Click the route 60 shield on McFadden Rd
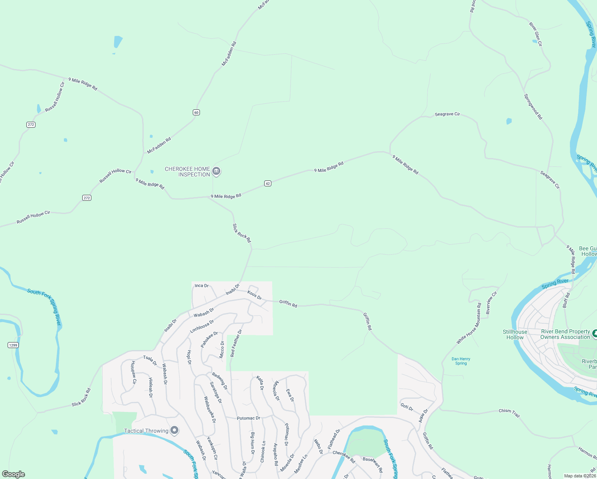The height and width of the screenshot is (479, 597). [196, 112]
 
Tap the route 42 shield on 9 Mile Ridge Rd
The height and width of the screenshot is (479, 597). [268, 184]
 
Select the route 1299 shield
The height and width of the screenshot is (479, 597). [13, 345]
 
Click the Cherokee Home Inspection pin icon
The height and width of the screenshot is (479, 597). [216, 172]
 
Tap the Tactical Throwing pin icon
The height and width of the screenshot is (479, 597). [174, 430]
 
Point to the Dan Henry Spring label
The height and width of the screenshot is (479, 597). [461, 361]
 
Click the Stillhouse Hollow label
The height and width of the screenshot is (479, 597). [515, 335]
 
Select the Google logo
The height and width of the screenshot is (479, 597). [14, 474]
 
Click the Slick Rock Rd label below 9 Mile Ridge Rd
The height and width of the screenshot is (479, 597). [242, 233]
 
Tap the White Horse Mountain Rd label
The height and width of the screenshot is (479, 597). [469, 323]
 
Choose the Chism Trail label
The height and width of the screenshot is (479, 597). [509, 413]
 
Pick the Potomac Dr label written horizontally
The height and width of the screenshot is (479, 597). [248, 418]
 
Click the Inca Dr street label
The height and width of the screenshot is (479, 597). [202, 286]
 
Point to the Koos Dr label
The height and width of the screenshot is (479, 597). [254, 295]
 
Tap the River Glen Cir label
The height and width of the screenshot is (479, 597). [536, 34]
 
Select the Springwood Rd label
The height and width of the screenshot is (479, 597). [533, 107]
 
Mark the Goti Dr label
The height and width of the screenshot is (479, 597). [407, 407]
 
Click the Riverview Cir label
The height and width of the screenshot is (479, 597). [491, 303]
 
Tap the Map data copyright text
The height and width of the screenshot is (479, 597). [580, 476]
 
